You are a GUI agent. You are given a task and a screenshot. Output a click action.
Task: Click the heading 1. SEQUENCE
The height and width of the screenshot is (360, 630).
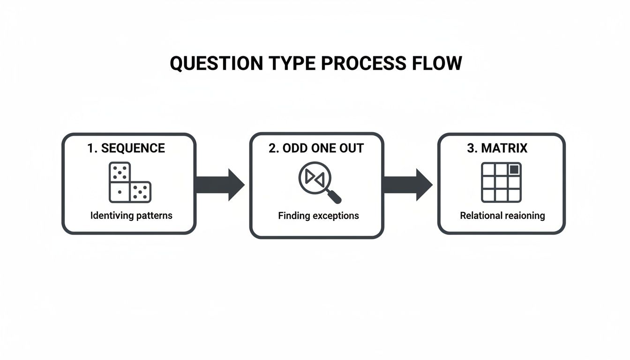126,149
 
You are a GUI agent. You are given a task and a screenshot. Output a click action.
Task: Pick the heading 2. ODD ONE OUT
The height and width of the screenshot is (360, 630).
316,149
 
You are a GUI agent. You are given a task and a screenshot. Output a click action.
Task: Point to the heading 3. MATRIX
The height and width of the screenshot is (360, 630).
497,149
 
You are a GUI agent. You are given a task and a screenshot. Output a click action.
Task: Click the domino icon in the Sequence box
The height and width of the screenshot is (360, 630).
129,182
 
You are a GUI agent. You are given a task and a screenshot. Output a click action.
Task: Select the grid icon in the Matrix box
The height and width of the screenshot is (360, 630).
501,182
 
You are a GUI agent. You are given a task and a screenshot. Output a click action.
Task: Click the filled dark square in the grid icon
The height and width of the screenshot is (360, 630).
514,170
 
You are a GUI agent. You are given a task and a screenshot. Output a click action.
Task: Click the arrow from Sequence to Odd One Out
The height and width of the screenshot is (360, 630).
220,185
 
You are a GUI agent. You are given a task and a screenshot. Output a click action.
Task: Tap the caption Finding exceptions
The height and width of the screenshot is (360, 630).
318,216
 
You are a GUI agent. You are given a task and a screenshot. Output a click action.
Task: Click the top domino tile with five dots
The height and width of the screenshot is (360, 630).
120,172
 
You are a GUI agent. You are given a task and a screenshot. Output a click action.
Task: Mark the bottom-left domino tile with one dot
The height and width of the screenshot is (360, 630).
120,192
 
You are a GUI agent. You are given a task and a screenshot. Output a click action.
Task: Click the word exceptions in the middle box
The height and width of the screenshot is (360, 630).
337,216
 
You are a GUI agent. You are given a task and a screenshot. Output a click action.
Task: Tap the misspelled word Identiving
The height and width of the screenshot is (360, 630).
111,216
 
